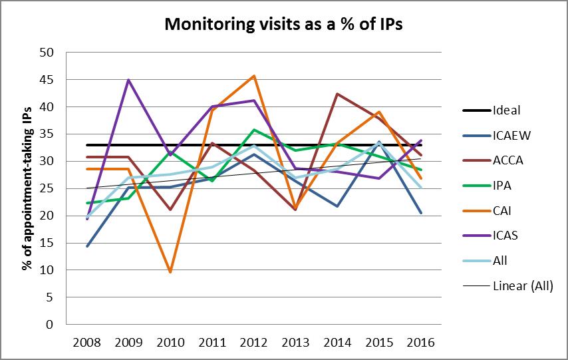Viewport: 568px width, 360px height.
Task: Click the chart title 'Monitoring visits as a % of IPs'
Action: click(283, 25)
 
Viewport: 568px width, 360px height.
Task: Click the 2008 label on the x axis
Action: click(87, 343)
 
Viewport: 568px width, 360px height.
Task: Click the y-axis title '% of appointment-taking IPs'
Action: click(27, 188)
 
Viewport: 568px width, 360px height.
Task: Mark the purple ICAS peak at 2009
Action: click(129, 81)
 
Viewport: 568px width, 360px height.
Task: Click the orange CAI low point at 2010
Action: click(171, 272)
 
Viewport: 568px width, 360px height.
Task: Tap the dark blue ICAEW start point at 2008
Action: click(87, 246)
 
